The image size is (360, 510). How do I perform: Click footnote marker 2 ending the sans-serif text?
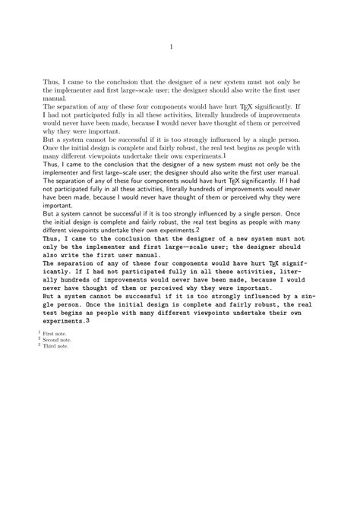pyautogui.click(x=197, y=229)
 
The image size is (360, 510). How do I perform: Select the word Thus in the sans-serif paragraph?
pyautogui.click(x=50, y=164)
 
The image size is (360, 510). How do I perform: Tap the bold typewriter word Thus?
pyautogui.click(x=52, y=238)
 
